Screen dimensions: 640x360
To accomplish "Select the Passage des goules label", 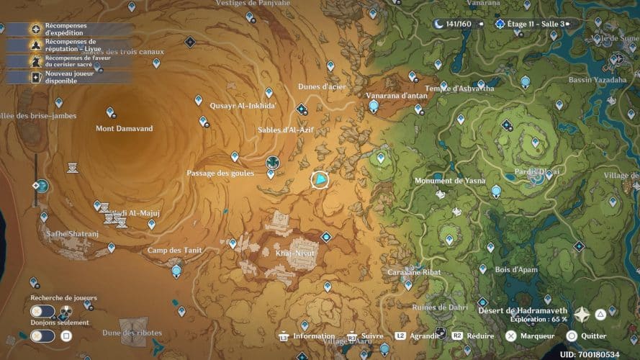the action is point(220,173).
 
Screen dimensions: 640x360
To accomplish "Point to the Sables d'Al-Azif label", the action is point(286,130).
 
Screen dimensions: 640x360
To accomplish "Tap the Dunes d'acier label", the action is point(322,87).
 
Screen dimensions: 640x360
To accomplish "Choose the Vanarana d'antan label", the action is point(397,95).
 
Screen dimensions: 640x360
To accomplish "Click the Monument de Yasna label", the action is point(450,181).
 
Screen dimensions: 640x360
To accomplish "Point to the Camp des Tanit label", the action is point(174,251).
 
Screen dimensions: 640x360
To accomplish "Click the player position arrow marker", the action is point(319,179).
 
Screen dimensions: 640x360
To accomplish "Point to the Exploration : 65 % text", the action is point(538,319).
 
